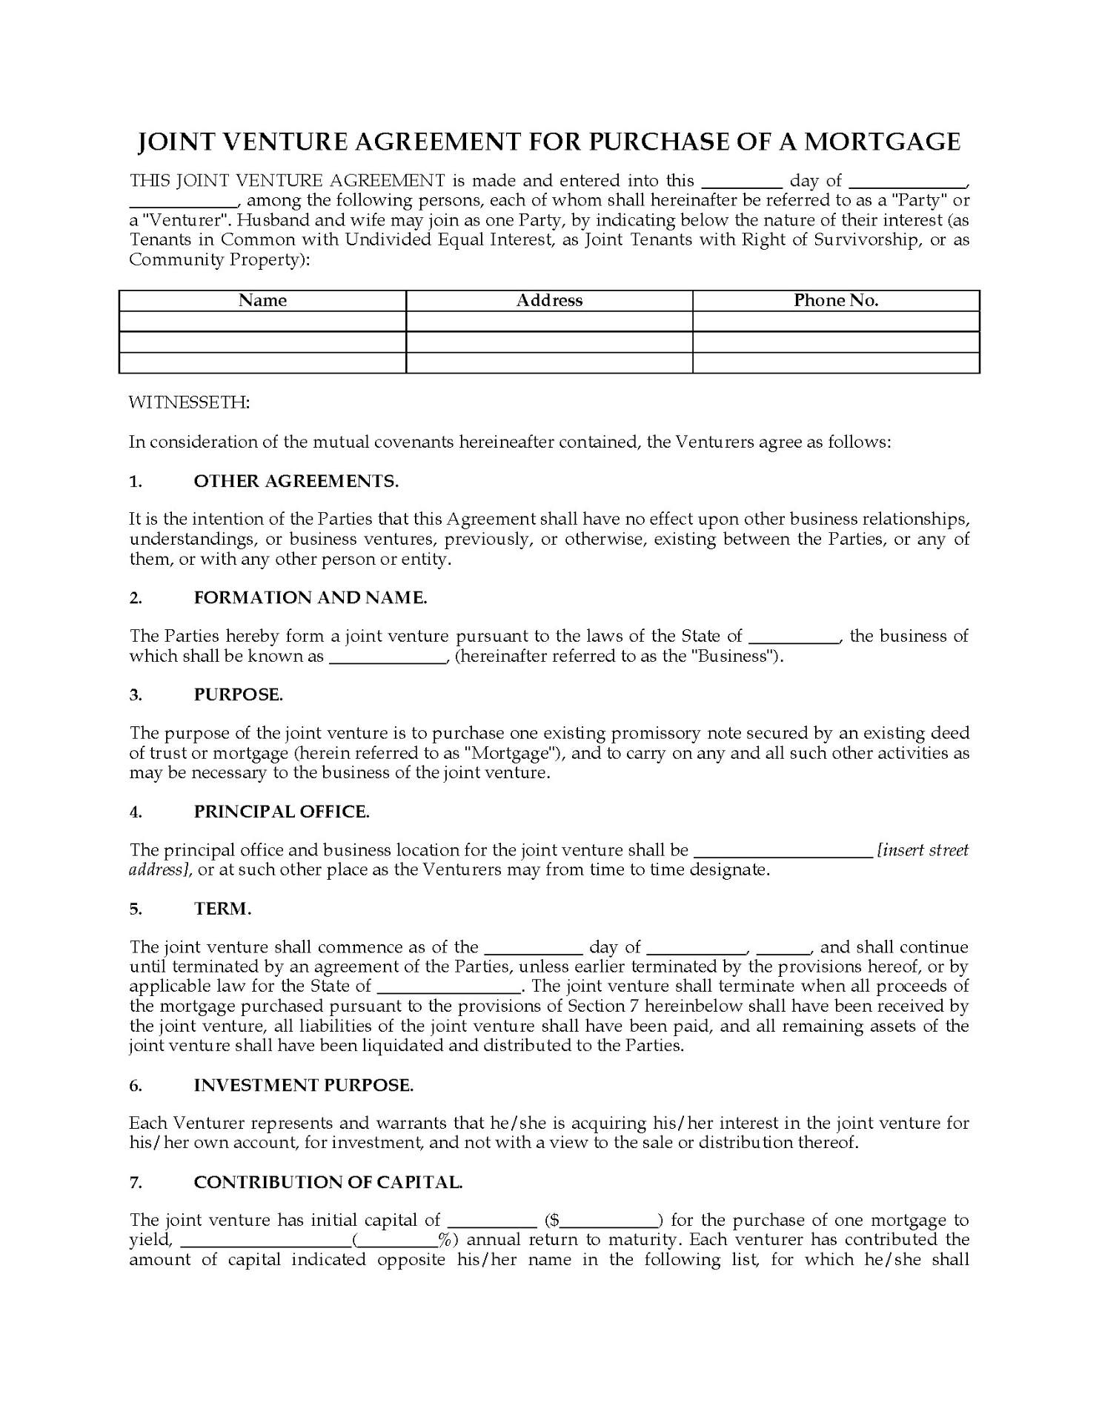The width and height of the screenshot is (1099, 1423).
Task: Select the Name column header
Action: [262, 300]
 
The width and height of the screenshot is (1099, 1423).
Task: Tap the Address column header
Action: [549, 300]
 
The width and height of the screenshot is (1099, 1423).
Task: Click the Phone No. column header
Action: [836, 300]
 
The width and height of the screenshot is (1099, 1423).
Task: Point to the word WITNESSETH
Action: [190, 402]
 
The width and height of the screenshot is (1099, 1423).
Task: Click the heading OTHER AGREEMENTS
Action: [296, 481]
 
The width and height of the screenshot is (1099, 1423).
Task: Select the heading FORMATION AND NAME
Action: [311, 597]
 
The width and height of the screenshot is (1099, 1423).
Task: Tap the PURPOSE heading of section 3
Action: [238, 694]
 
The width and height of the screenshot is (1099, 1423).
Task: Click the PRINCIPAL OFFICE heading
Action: [282, 812]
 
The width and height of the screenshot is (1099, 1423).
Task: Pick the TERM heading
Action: [222, 909]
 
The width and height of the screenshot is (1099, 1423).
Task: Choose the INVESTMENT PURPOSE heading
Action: [303, 1085]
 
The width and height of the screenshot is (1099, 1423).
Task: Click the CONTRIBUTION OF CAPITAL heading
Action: [328, 1182]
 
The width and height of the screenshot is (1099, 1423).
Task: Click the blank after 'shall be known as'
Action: [387, 657]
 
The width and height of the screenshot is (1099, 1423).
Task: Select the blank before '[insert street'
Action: [783, 852]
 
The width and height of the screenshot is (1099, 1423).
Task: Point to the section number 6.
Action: [135, 1085]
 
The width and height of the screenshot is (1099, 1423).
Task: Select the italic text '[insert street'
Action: [923, 850]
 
